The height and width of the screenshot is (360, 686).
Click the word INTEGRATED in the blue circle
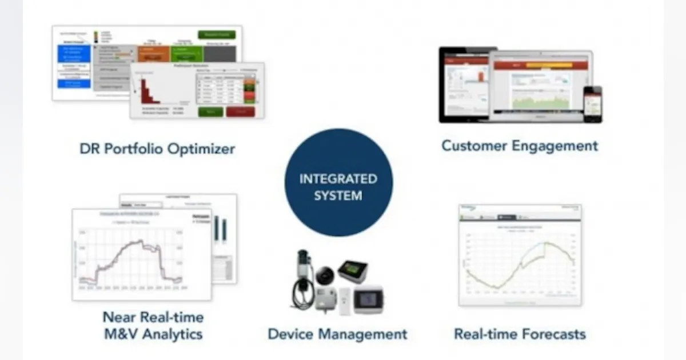(x=338, y=178)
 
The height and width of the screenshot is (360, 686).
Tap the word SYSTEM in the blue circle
(x=338, y=195)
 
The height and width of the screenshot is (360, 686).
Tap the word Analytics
(x=172, y=334)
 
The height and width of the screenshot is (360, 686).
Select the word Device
(x=292, y=334)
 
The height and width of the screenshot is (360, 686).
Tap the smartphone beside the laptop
(x=592, y=104)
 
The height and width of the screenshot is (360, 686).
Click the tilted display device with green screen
(x=352, y=270)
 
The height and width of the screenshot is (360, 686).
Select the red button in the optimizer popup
(x=240, y=111)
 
